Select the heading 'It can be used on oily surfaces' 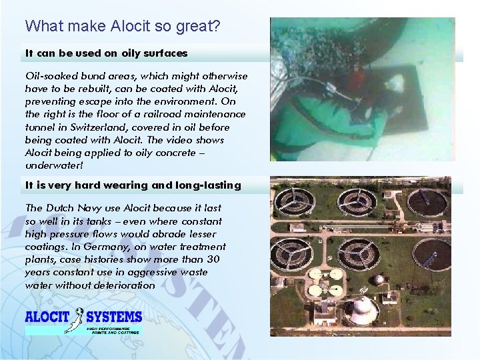tap(106, 53)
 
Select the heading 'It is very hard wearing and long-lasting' tap(133, 185)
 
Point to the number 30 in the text tap(212, 259)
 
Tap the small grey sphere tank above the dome tap(379, 279)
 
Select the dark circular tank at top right tap(427, 203)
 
